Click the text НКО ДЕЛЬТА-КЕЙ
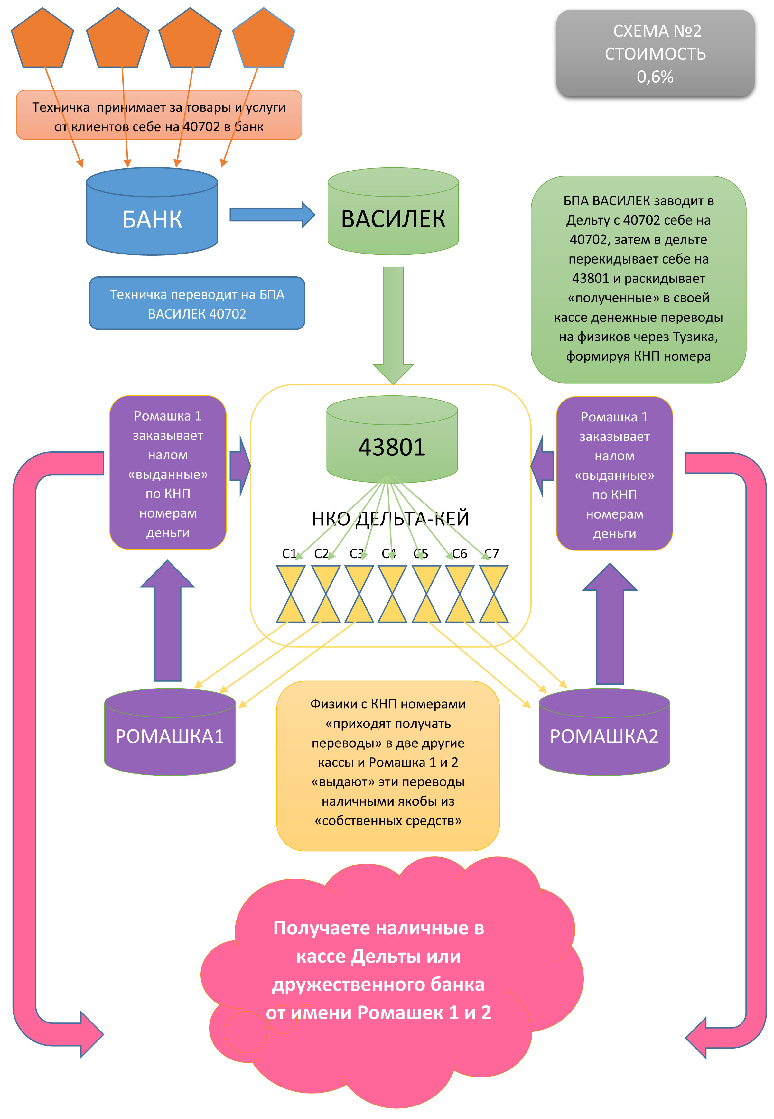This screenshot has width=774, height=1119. coord(390,519)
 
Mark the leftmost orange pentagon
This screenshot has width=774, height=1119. coord(42,39)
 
